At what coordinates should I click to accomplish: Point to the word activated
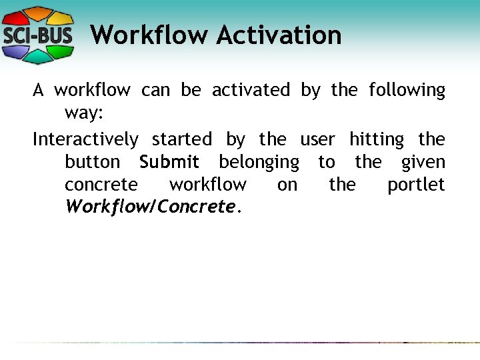click(251, 90)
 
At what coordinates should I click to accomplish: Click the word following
click(407, 90)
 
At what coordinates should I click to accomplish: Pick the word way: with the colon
click(83, 113)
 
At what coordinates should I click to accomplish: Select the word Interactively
click(85, 139)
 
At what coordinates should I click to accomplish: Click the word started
click(181, 139)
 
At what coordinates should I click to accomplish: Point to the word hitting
click(376, 139)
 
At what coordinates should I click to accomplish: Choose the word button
click(93, 162)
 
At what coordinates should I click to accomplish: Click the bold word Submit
click(169, 162)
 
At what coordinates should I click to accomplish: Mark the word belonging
click(259, 163)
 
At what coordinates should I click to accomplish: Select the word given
click(423, 163)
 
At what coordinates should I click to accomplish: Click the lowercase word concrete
click(101, 185)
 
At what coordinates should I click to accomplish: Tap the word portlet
click(416, 185)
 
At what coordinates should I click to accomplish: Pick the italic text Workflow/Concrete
click(150, 207)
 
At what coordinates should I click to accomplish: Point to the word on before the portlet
click(287, 185)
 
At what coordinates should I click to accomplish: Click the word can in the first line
click(155, 90)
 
